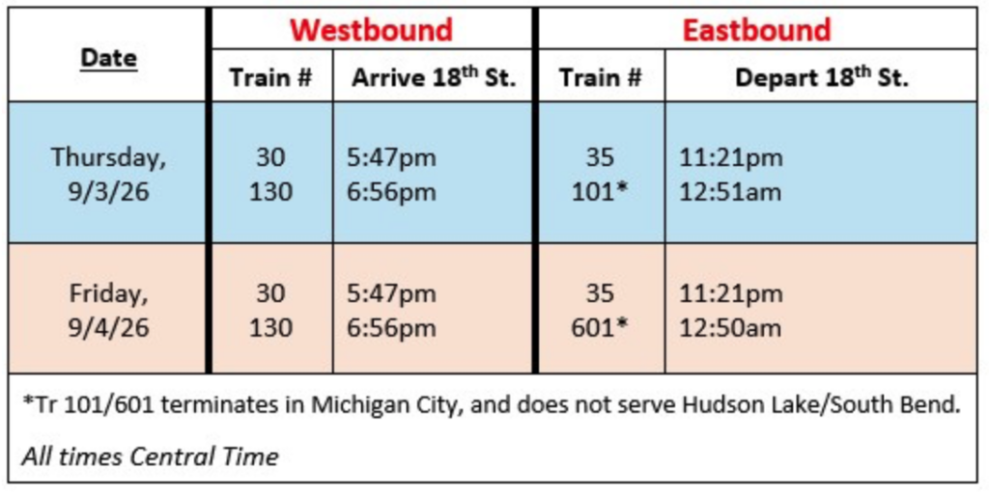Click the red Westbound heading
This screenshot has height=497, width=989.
(x=372, y=30)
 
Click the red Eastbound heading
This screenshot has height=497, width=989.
(x=757, y=30)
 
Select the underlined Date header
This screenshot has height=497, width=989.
(x=108, y=59)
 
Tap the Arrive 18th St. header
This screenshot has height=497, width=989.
(x=434, y=77)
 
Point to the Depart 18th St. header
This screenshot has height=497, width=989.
(x=822, y=77)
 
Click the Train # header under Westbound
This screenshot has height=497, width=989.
(x=271, y=78)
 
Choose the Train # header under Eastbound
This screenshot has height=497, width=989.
(x=600, y=78)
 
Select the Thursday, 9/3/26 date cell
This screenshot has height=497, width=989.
(x=108, y=175)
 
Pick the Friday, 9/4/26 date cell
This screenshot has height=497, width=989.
(x=108, y=311)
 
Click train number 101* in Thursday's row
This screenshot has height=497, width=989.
(x=600, y=192)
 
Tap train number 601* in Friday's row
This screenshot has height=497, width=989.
(x=600, y=328)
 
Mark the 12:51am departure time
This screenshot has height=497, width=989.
(x=730, y=192)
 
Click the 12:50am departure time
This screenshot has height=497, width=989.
(x=730, y=328)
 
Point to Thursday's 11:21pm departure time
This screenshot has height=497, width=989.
(x=730, y=157)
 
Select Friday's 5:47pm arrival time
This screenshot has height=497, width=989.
(x=391, y=293)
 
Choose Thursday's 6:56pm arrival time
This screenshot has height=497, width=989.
(x=391, y=192)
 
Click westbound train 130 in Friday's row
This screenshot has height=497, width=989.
(x=271, y=328)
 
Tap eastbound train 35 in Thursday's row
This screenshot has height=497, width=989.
(x=600, y=157)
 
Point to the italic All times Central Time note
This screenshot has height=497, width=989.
(x=150, y=456)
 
